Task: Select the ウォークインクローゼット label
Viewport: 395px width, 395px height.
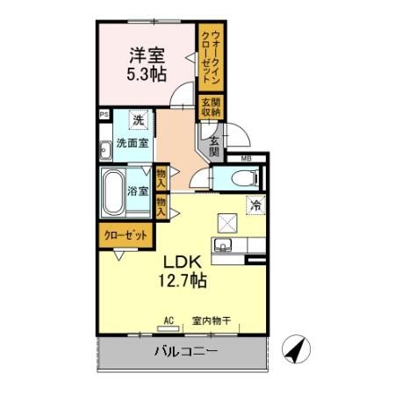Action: tap(210, 54)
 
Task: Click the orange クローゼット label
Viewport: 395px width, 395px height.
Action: tap(122, 236)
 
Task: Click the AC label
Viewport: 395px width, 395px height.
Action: tap(168, 321)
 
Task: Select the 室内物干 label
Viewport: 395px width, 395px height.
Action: tap(212, 321)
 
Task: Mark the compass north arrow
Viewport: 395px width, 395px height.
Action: tap(298, 352)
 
